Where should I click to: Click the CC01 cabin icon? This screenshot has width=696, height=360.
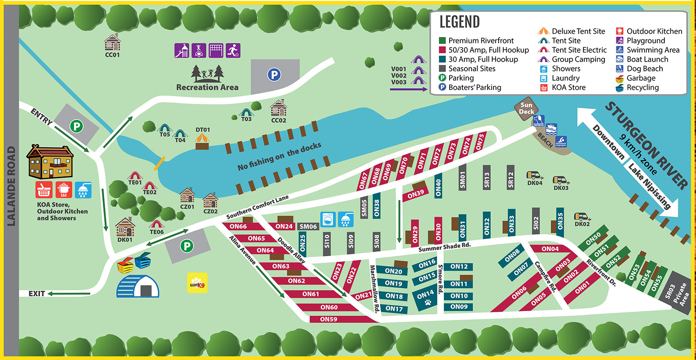pyautogui.click(x=112, y=43)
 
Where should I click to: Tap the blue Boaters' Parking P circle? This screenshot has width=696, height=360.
pyautogui.click(x=274, y=75)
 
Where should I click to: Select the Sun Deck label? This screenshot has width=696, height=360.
pyautogui.click(x=526, y=108)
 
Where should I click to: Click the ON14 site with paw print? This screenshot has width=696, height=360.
pyautogui.click(x=425, y=297)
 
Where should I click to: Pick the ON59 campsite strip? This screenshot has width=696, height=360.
pyautogui.click(x=329, y=319)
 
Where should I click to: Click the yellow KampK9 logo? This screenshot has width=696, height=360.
pyautogui.click(x=197, y=283)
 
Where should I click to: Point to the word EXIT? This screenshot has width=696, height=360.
pyautogui.click(x=37, y=293)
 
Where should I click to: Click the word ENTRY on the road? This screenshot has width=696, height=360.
pyautogui.click(x=41, y=116)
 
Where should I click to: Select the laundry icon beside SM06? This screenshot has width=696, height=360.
pyautogui.click(x=328, y=219)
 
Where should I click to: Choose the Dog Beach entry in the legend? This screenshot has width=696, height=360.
pyautogui.click(x=644, y=69)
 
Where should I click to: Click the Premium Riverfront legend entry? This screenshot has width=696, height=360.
pyautogui.click(x=480, y=41)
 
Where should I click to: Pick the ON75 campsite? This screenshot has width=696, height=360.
pyautogui.click(x=480, y=142)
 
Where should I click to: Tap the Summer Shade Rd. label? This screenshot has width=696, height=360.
pyautogui.click(x=444, y=247)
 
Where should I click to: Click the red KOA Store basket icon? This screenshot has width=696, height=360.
pyautogui.click(x=44, y=190)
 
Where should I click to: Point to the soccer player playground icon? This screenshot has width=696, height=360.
pyautogui.click(x=233, y=51)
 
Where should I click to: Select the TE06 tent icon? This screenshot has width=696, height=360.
pyautogui.click(x=156, y=224)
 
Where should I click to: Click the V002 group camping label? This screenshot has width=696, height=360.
pyautogui.click(x=399, y=76)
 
